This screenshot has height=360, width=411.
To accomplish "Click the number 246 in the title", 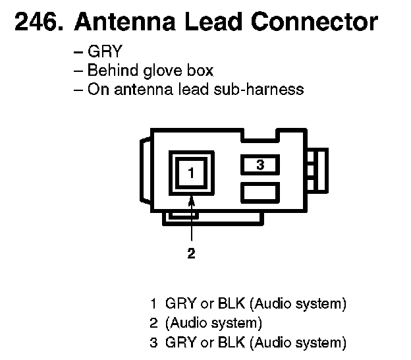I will pos(35,22).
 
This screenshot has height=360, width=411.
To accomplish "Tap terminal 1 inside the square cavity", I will pos(191,173).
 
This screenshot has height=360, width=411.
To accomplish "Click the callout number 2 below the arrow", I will pos(191,253).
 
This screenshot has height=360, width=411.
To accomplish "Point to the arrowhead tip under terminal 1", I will pos(191,198).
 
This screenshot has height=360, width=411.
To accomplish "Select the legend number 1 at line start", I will pos(153,305).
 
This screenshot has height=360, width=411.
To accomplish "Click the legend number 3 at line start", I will pos(153,342).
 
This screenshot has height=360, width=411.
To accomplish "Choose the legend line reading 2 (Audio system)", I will pos(206,323).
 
